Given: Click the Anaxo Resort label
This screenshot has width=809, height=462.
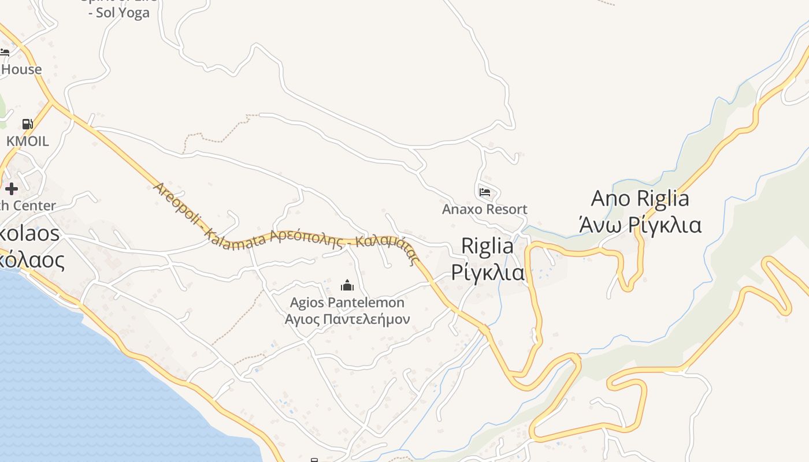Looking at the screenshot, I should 484,209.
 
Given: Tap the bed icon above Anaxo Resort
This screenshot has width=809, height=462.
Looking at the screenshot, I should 484,192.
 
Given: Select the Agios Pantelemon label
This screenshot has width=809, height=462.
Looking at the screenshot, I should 347,303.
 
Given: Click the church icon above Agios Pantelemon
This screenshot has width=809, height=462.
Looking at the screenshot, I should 347,285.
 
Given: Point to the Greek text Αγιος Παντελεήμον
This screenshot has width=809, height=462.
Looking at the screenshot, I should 347,319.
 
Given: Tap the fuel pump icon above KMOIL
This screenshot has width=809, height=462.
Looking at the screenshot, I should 27,124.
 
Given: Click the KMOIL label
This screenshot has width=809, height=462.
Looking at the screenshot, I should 27,141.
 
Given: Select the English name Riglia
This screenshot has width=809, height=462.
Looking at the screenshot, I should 487,247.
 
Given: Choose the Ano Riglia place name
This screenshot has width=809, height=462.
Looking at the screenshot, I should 640,199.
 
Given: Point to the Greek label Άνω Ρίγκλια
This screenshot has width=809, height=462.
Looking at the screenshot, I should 640,224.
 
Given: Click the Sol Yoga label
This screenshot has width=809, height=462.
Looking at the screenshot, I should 122,13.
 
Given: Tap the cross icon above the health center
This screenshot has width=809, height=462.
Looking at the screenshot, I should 11,188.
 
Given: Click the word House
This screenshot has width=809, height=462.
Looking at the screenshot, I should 22,69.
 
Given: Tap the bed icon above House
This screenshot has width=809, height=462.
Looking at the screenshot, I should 5,52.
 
